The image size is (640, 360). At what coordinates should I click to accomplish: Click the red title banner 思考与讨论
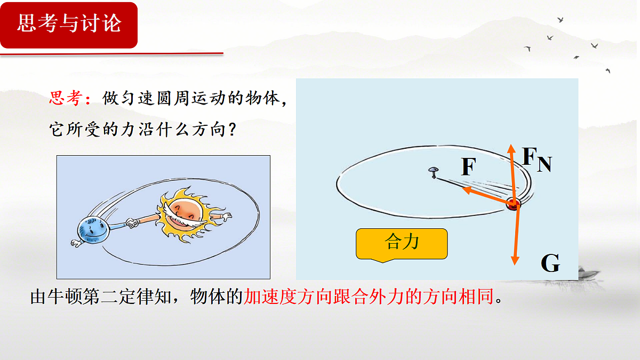coord(69,25)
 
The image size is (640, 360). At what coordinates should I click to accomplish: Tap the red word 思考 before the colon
coord(66,98)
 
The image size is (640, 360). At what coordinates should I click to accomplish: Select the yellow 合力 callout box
coord(402,244)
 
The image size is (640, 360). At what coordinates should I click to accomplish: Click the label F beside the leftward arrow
coord(468,167)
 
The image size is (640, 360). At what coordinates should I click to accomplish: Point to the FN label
coord(536,159)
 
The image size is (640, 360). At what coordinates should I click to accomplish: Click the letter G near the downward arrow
coord(550,263)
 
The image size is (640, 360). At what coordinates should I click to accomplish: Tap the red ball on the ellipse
coord(513,204)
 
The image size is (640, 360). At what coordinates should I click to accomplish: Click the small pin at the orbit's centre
coord(433,171)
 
